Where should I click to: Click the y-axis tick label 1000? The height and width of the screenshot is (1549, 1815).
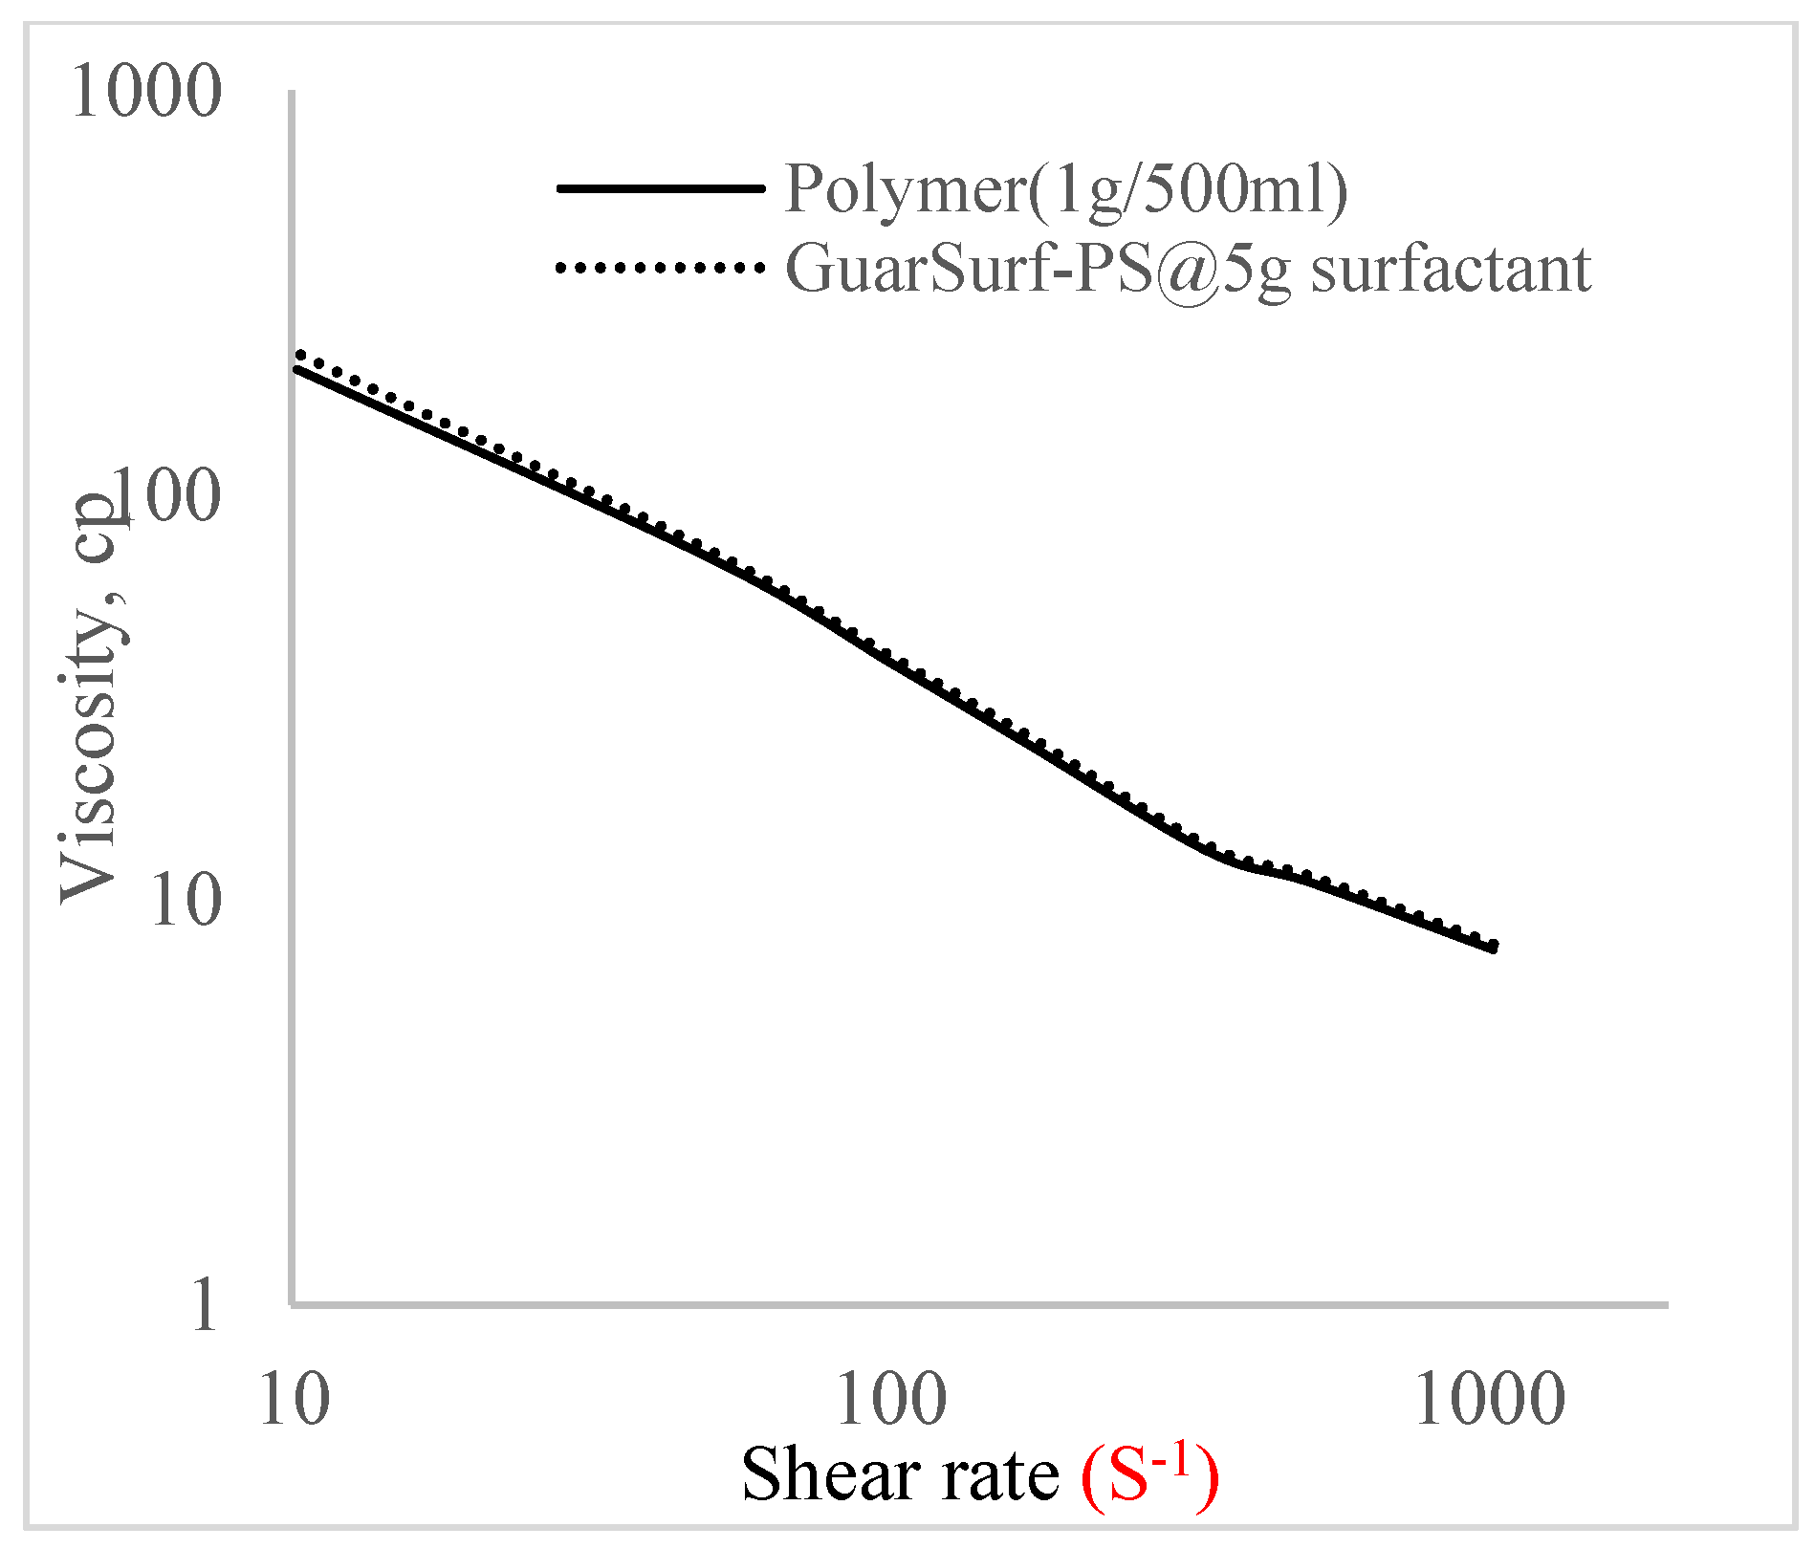146,92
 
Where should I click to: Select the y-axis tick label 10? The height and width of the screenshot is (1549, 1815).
186,900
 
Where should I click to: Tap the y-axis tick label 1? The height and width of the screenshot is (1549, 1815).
204,1304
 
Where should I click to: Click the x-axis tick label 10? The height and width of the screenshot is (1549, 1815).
295,1400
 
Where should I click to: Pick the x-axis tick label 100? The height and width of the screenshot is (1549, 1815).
891,1400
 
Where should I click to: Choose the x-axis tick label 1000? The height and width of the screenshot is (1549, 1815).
1489,1400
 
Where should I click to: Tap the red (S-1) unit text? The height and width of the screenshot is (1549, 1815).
1149,1473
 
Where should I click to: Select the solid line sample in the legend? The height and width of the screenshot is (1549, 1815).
660,188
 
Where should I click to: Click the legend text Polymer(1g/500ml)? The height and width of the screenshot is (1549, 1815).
1065,188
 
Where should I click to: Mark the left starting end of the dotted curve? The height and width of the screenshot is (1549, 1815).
300,355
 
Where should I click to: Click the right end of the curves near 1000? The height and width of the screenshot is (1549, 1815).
1493,947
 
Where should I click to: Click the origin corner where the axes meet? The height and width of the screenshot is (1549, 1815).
293,1303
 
